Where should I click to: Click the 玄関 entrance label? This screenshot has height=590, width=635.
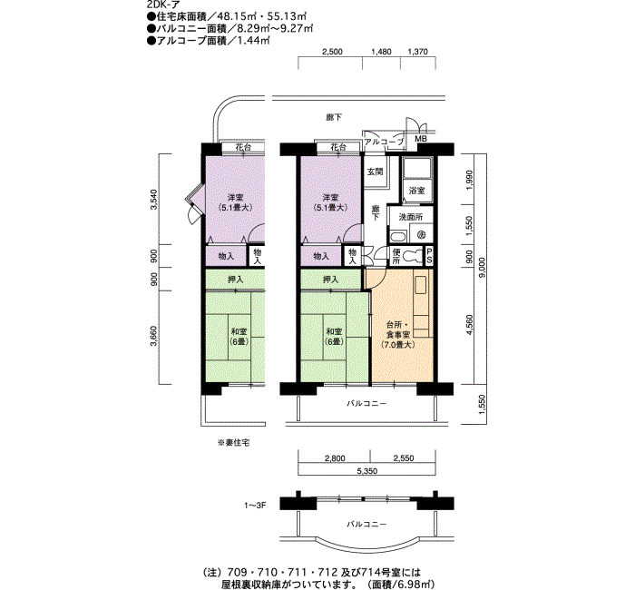tap(375, 172)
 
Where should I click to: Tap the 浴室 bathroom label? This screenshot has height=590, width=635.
tap(416, 190)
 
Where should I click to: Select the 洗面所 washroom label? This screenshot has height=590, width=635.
tap(411, 217)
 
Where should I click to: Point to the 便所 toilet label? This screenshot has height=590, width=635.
tap(396, 256)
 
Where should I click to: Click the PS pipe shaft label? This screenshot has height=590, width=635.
tap(429, 256)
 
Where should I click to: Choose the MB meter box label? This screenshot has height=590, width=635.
tap(422, 139)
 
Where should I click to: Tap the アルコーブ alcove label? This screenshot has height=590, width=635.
tap(384, 142)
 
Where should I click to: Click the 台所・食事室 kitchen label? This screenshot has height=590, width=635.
tap(397, 335)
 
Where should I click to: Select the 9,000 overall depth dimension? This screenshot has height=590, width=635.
tap(481, 269)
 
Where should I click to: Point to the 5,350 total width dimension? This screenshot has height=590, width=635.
tap(367, 471)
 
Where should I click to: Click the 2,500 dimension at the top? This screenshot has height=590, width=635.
tap(332, 52)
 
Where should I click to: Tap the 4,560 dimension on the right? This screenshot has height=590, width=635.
tap(469, 325)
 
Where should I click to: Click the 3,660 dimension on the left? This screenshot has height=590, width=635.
tap(153, 337)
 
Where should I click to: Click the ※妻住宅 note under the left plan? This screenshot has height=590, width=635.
tap(234, 443)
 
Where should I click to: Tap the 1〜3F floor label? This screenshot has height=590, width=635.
tap(255, 506)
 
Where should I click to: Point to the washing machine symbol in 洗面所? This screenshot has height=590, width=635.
tap(421, 235)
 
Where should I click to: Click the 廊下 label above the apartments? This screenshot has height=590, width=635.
tap(334, 117)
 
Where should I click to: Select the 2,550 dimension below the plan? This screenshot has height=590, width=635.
tap(404, 458)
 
